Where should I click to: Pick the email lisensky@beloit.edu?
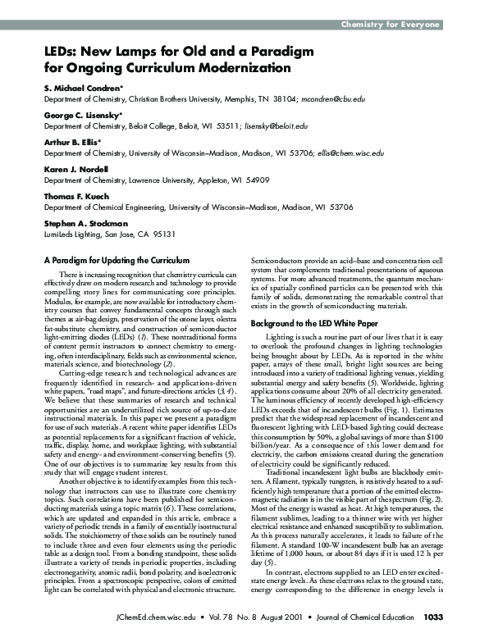pos(277,126)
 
